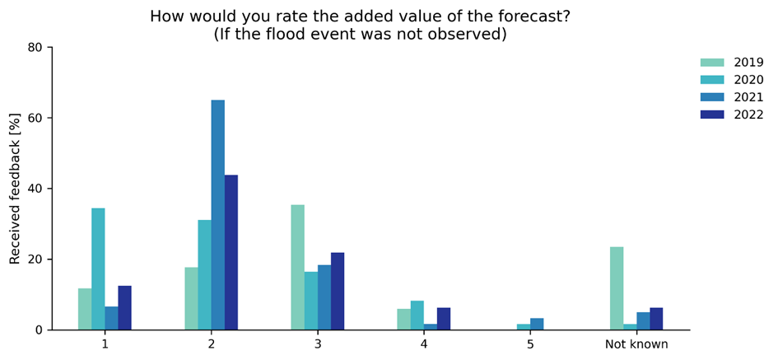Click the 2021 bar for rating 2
coord(217,215)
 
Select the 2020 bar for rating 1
coord(98,269)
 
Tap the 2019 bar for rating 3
coord(297,267)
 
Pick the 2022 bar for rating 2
coord(231,252)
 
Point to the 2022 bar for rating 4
coord(444,319)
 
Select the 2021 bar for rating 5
coord(537,324)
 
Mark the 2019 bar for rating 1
coord(85,309)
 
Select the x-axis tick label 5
coord(530,344)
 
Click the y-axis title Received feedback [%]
coord(15,189)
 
